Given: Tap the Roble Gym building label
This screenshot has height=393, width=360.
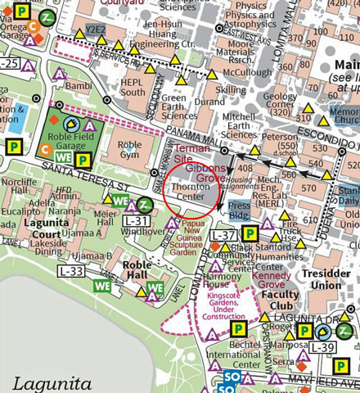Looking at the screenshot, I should tap(129, 151).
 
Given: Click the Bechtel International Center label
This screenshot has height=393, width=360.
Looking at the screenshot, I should tap(232, 353).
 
